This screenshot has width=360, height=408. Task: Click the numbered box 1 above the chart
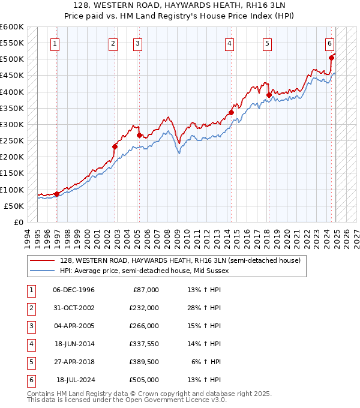[x=55, y=43]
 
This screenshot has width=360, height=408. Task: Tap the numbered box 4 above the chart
[x=230, y=43]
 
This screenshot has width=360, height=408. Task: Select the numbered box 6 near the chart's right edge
[x=330, y=43]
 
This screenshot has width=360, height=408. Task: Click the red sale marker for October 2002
[x=115, y=146]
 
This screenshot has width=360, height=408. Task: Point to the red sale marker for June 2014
[x=231, y=112]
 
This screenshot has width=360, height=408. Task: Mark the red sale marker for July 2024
[x=331, y=58]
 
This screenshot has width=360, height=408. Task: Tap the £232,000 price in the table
[x=144, y=308]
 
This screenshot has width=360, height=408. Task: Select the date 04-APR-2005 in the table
[x=74, y=326]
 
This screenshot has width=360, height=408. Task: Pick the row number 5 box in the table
[x=30, y=362]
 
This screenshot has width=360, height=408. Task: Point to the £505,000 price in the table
[x=144, y=380]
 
